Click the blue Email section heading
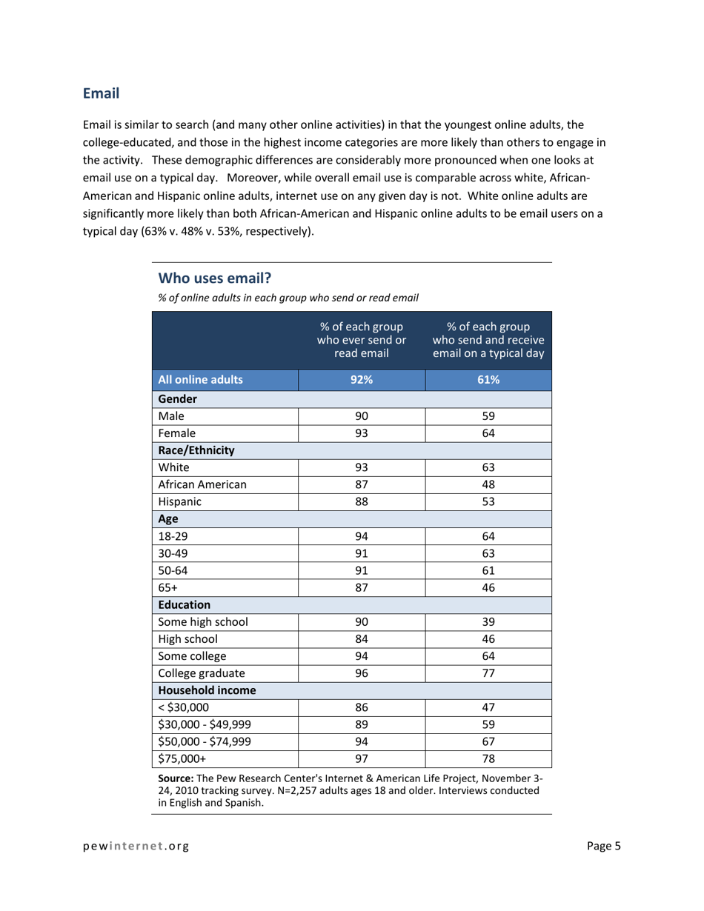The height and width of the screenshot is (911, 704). point(101,94)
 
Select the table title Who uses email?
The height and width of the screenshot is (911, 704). point(215,278)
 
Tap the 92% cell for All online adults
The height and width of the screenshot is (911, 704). point(362,380)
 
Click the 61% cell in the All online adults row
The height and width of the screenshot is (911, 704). point(488,380)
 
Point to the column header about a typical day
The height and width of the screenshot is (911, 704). point(488,340)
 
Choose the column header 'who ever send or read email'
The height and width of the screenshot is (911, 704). point(362,340)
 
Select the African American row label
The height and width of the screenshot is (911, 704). point(202,484)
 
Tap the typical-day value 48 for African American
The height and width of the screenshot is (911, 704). point(488,484)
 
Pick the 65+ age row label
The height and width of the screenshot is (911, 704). point(167,587)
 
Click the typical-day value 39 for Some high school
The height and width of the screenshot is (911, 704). point(488,621)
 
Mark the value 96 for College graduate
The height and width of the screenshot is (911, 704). point(362,673)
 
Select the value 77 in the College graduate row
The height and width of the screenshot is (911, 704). point(488,673)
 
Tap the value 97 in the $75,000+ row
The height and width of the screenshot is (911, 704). point(362,758)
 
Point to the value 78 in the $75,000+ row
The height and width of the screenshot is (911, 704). point(488,758)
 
